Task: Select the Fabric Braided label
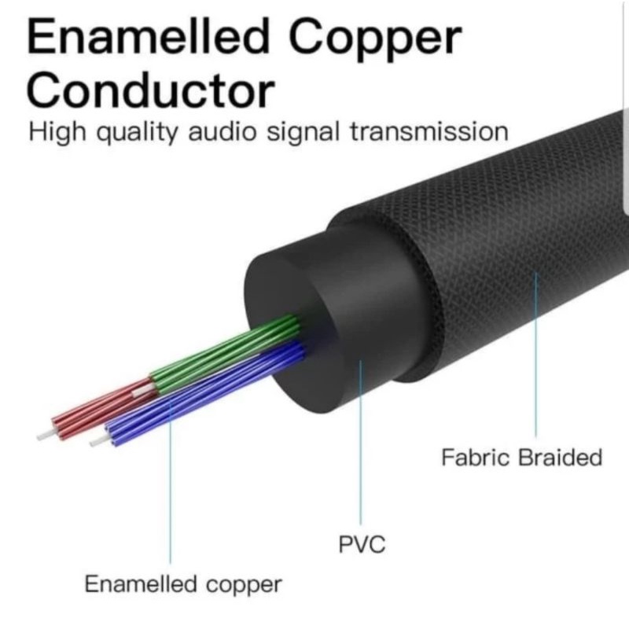[x=521, y=457]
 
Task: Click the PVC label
[x=362, y=543]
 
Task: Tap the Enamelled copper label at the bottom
[x=182, y=585]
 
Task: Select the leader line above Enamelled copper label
[x=170, y=503]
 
